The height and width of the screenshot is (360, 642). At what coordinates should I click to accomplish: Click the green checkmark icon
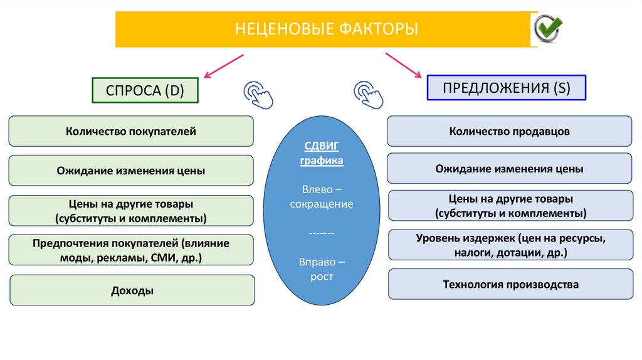[549, 28]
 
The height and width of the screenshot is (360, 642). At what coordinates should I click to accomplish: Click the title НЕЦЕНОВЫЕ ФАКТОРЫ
[326, 29]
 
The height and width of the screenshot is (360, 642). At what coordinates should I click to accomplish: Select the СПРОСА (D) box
[145, 90]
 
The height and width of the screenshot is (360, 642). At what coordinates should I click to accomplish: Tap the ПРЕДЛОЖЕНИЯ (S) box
[507, 88]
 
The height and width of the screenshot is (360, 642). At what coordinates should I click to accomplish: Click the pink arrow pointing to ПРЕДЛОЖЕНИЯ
[404, 65]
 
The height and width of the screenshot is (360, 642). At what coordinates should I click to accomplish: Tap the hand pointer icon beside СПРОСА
[257, 95]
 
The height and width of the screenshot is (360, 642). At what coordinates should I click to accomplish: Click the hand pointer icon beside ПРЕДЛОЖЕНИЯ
[368, 95]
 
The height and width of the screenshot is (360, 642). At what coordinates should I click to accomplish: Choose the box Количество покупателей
[131, 132]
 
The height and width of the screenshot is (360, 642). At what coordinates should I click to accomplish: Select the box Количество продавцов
[509, 132]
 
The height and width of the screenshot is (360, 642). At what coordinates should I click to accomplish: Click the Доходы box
[132, 290]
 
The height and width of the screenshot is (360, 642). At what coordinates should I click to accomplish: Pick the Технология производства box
[510, 285]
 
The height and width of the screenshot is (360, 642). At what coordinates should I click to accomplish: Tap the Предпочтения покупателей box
[131, 250]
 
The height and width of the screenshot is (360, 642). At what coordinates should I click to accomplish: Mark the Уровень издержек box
[510, 245]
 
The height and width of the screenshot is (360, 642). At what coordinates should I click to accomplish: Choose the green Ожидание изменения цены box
[131, 171]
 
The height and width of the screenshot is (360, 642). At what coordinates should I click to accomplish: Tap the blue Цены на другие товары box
[510, 206]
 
